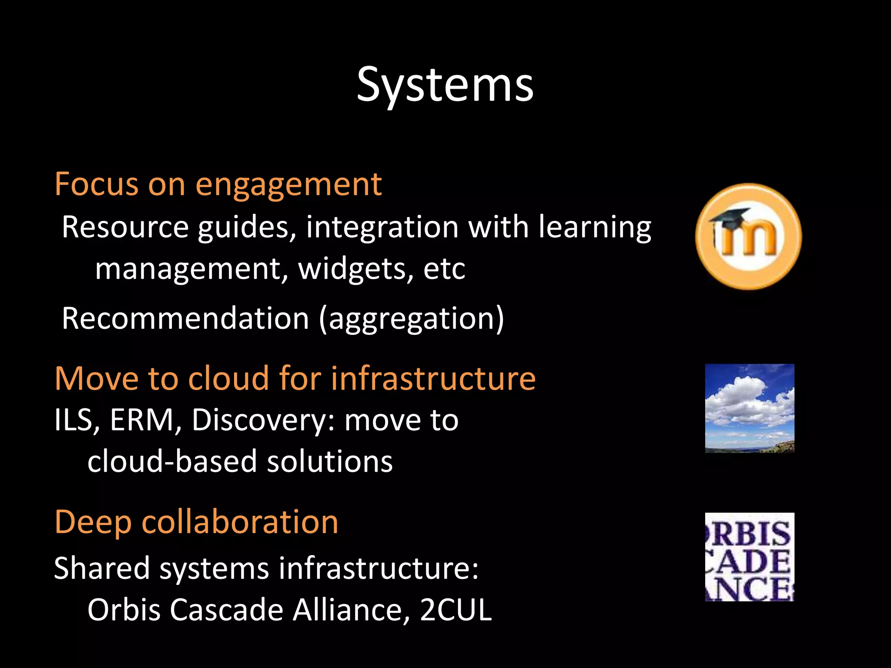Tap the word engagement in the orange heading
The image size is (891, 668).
[288, 185]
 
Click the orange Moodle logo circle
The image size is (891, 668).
[748, 237]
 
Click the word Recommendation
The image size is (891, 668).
[185, 318]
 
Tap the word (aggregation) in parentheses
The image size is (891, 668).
[412, 319]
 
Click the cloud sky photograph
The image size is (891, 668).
[750, 408]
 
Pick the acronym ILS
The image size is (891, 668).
[76, 420]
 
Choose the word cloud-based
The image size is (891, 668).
[172, 461]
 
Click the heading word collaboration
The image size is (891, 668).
[240, 522]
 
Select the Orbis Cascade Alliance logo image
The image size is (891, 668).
[750, 557]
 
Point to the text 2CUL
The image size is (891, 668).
[456, 610]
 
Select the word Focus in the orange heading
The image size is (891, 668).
[96, 185]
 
